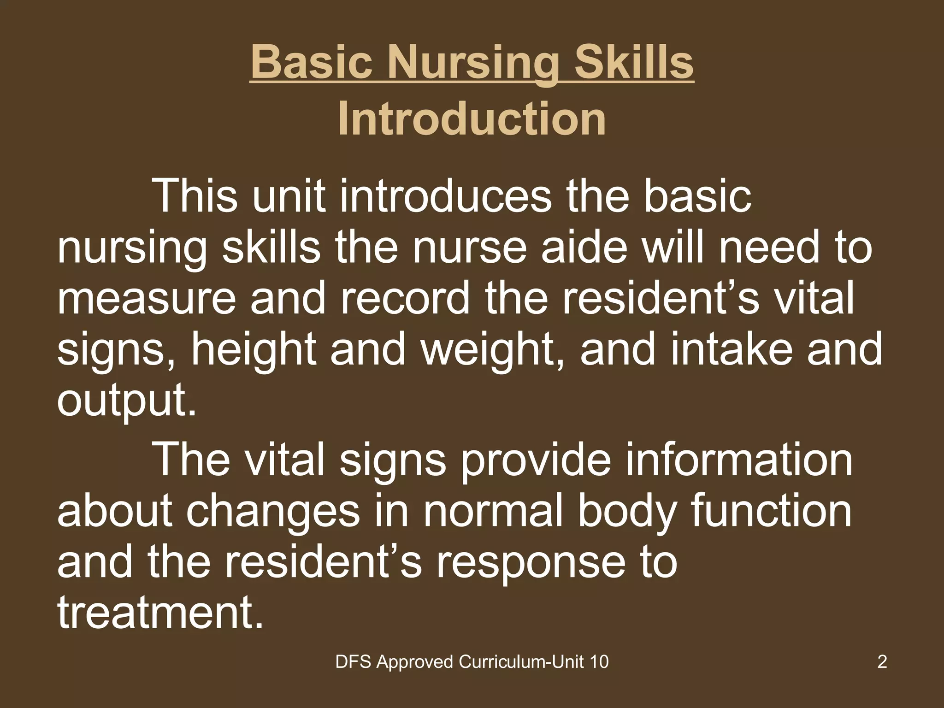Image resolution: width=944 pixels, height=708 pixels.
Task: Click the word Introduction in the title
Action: point(472,119)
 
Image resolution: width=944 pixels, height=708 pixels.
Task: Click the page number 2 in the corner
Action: point(882,662)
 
